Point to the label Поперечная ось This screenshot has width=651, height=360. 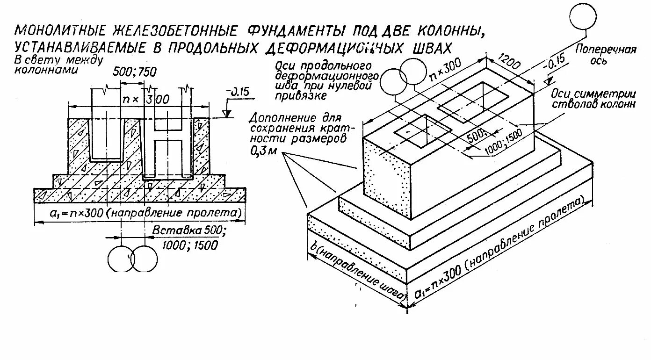(x=606, y=55)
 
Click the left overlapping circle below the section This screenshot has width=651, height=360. (x=121, y=258)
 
